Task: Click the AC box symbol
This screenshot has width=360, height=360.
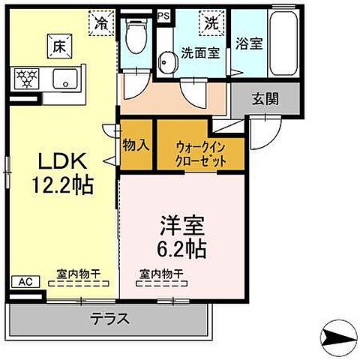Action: [x=23, y=282]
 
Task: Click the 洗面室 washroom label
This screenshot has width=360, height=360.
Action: [x=199, y=53]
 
